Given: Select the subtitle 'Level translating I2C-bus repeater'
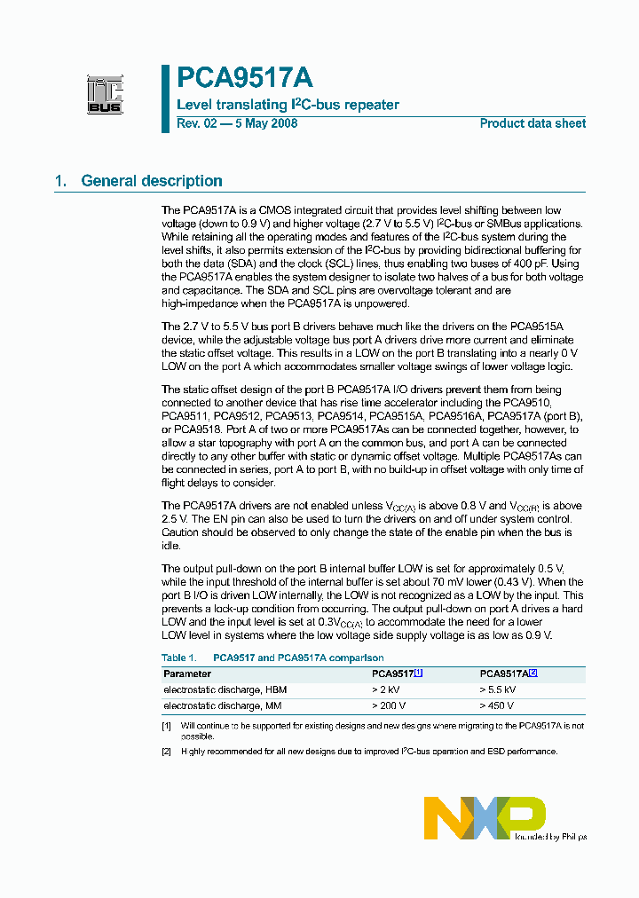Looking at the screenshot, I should (x=288, y=105).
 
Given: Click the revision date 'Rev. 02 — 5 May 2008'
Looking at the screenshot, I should (x=237, y=123).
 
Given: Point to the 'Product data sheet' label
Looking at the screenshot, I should (x=532, y=123).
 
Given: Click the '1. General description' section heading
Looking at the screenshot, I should (x=138, y=181).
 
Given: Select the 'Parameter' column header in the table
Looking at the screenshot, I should (x=187, y=673).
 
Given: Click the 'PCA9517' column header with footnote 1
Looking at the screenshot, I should (x=396, y=673).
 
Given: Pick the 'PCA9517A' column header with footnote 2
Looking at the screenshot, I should (x=508, y=673).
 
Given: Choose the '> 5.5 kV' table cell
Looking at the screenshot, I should (x=497, y=689).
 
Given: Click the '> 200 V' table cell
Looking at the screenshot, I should (x=389, y=705).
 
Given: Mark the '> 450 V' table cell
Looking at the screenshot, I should (x=498, y=705).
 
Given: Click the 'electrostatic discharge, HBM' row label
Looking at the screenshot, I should (x=225, y=689).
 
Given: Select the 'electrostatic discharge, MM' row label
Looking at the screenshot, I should (x=223, y=705).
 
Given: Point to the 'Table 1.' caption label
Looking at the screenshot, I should (x=179, y=658).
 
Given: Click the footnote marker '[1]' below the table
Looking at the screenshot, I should (x=167, y=726).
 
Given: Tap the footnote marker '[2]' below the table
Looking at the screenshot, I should (x=167, y=752).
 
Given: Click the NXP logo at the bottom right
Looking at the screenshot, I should (x=484, y=816).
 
